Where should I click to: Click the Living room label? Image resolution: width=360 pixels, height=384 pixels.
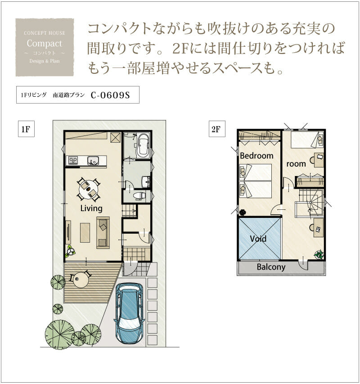coord(91,208)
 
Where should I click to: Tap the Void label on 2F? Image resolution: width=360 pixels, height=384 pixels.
coord(258,239)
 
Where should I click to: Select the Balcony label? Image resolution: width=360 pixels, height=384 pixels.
coord(271,267)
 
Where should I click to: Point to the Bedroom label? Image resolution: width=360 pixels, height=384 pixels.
coord(256,156)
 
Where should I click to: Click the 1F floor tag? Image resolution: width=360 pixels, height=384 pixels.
coord(26,129)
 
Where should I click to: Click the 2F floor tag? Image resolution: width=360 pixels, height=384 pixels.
coord(216,129)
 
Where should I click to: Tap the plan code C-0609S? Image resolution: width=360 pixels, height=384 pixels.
coord(110,95)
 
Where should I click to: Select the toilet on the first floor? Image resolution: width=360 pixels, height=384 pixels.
coord(139,196)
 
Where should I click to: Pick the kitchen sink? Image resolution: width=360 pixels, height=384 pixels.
coord(93,161)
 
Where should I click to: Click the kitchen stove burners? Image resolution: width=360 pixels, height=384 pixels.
coord(73,161)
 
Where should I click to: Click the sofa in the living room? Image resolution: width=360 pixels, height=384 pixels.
coord(103,233)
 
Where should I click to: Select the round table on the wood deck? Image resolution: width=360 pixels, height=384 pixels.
coord(81,280)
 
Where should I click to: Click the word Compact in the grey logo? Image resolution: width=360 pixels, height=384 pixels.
coord(44,43)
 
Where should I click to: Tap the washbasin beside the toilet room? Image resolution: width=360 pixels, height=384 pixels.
coord(146,181)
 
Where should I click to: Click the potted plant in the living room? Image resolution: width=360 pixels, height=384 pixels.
coord(71,251)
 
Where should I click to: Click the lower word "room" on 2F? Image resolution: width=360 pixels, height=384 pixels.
coord(296,164)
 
